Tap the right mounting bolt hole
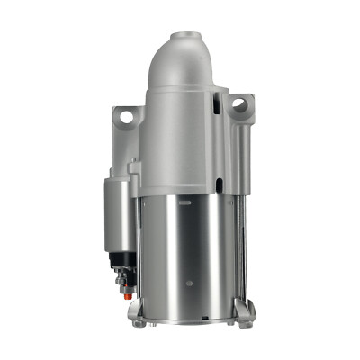tap(238, 105)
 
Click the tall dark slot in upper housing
tap(216, 105)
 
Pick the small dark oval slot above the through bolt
tap(219, 185)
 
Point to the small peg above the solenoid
tap(133, 167)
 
